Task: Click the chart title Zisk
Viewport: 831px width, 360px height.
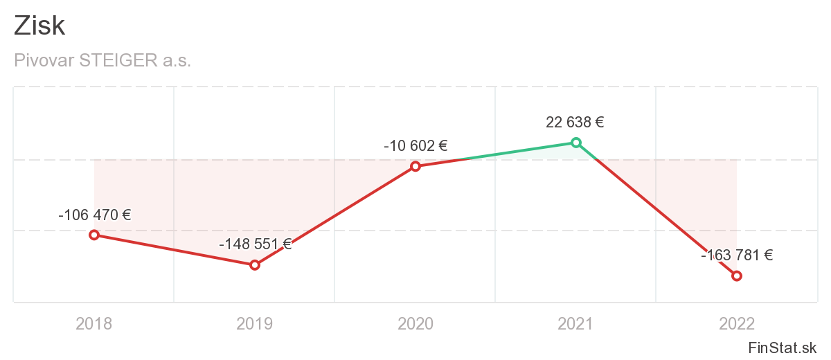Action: tap(39, 26)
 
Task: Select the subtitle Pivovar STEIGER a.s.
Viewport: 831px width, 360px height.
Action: tap(102, 61)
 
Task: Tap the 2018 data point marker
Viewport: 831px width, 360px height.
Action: tap(94, 235)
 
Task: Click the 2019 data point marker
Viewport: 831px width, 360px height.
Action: tap(255, 264)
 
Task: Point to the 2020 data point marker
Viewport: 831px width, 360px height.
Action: tap(415, 166)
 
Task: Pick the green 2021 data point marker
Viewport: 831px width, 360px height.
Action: tap(575, 143)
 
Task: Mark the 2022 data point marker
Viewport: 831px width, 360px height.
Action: tap(737, 276)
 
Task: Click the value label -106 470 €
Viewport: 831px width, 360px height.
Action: tap(95, 215)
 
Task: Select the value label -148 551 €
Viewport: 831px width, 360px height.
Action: tap(255, 244)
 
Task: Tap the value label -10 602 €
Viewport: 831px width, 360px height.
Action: tap(415, 146)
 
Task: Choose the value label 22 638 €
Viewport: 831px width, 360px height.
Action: tap(575, 123)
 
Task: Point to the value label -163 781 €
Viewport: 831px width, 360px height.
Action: tap(737, 255)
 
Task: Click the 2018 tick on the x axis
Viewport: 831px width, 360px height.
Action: tap(94, 323)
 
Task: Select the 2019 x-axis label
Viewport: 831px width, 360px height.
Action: tap(255, 323)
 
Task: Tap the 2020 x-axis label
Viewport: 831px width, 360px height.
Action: tap(415, 323)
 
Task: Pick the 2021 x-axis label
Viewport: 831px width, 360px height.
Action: tap(575, 323)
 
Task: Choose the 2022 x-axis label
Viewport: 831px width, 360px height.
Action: tap(737, 323)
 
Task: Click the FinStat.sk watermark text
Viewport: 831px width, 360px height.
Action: tap(783, 347)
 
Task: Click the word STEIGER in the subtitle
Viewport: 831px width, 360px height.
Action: tap(118, 61)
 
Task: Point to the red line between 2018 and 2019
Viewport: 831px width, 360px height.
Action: tap(175, 250)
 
